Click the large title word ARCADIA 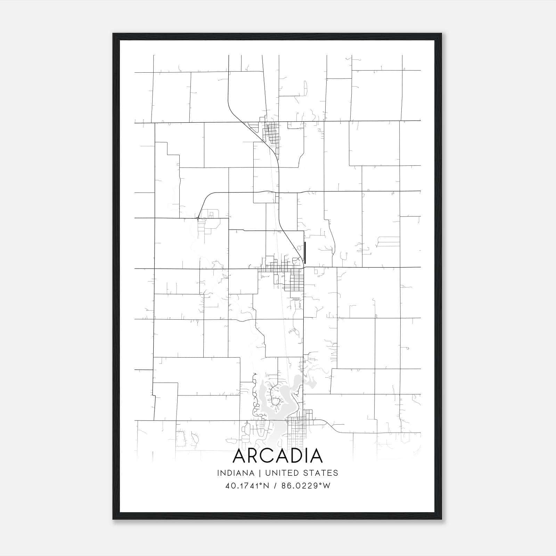coord(278,456)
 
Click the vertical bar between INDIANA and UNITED coord(256,473)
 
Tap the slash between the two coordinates coord(275,486)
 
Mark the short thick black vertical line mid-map coord(305,253)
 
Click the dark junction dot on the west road coord(198,218)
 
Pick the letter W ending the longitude coord(326,486)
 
